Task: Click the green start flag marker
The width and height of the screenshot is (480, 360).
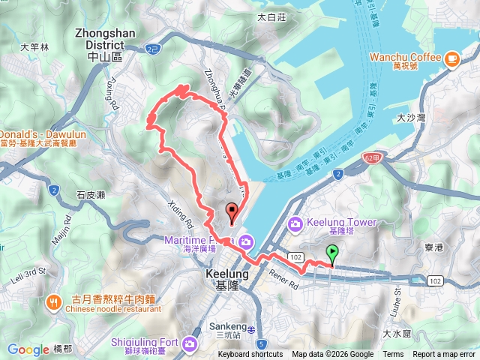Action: click(x=332, y=254)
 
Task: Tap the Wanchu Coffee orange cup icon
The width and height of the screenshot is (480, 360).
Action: click(x=451, y=58)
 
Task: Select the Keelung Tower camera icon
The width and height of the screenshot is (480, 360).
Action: click(x=295, y=223)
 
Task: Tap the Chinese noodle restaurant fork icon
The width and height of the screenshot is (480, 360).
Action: click(x=54, y=302)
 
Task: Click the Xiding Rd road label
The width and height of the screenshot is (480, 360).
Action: click(x=183, y=213)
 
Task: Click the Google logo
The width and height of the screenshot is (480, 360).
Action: click(x=28, y=349)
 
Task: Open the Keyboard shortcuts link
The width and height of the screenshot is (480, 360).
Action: click(x=250, y=355)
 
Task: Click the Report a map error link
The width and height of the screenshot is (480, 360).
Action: click(x=444, y=355)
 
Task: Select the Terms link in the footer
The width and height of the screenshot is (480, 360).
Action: click(x=393, y=355)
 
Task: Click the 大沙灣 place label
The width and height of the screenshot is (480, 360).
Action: click(x=411, y=118)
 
